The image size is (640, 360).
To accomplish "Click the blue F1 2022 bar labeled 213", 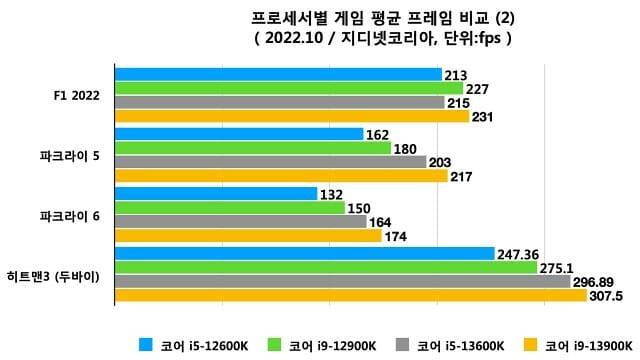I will tap(278, 74).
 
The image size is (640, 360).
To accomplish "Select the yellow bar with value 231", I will tap(292, 116).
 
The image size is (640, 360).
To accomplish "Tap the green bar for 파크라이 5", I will tap(253, 148).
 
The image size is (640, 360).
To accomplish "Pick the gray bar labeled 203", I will tap(270, 162).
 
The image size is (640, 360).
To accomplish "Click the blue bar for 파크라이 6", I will tap(216, 194).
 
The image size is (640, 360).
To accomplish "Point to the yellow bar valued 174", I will tap(248, 236).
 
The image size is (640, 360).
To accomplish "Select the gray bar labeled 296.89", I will tap(342, 282).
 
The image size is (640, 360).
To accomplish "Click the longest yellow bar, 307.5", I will tap(350, 296).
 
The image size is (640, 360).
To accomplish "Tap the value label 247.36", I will tap(518, 254).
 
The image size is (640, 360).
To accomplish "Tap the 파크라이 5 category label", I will tap(69, 155).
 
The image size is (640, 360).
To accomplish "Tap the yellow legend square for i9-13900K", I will tap(533, 346).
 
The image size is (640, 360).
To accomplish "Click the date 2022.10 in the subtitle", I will tap(290, 39).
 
